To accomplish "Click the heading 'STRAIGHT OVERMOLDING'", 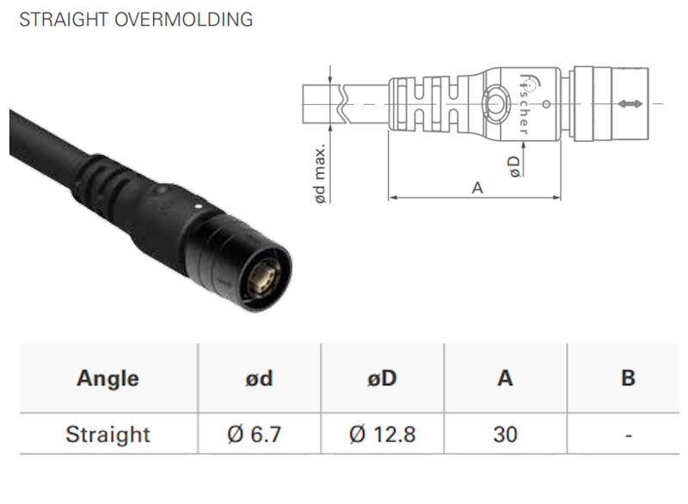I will point(136,19).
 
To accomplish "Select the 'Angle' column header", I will point(107,378).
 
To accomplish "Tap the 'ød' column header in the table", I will point(259,378).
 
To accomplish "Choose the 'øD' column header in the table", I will point(382,378).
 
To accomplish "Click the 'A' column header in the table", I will point(506,378).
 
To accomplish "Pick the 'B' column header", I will point(629,378).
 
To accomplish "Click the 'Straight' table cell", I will point(107,434).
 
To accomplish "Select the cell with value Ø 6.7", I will point(259,434).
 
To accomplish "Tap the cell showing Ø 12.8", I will point(382,434).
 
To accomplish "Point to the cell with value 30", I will point(506,434).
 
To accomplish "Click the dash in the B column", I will point(629,436).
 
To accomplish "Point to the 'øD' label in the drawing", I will point(514,165).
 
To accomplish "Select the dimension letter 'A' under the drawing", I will point(476,187).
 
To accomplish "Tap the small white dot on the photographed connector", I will point(200,206).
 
